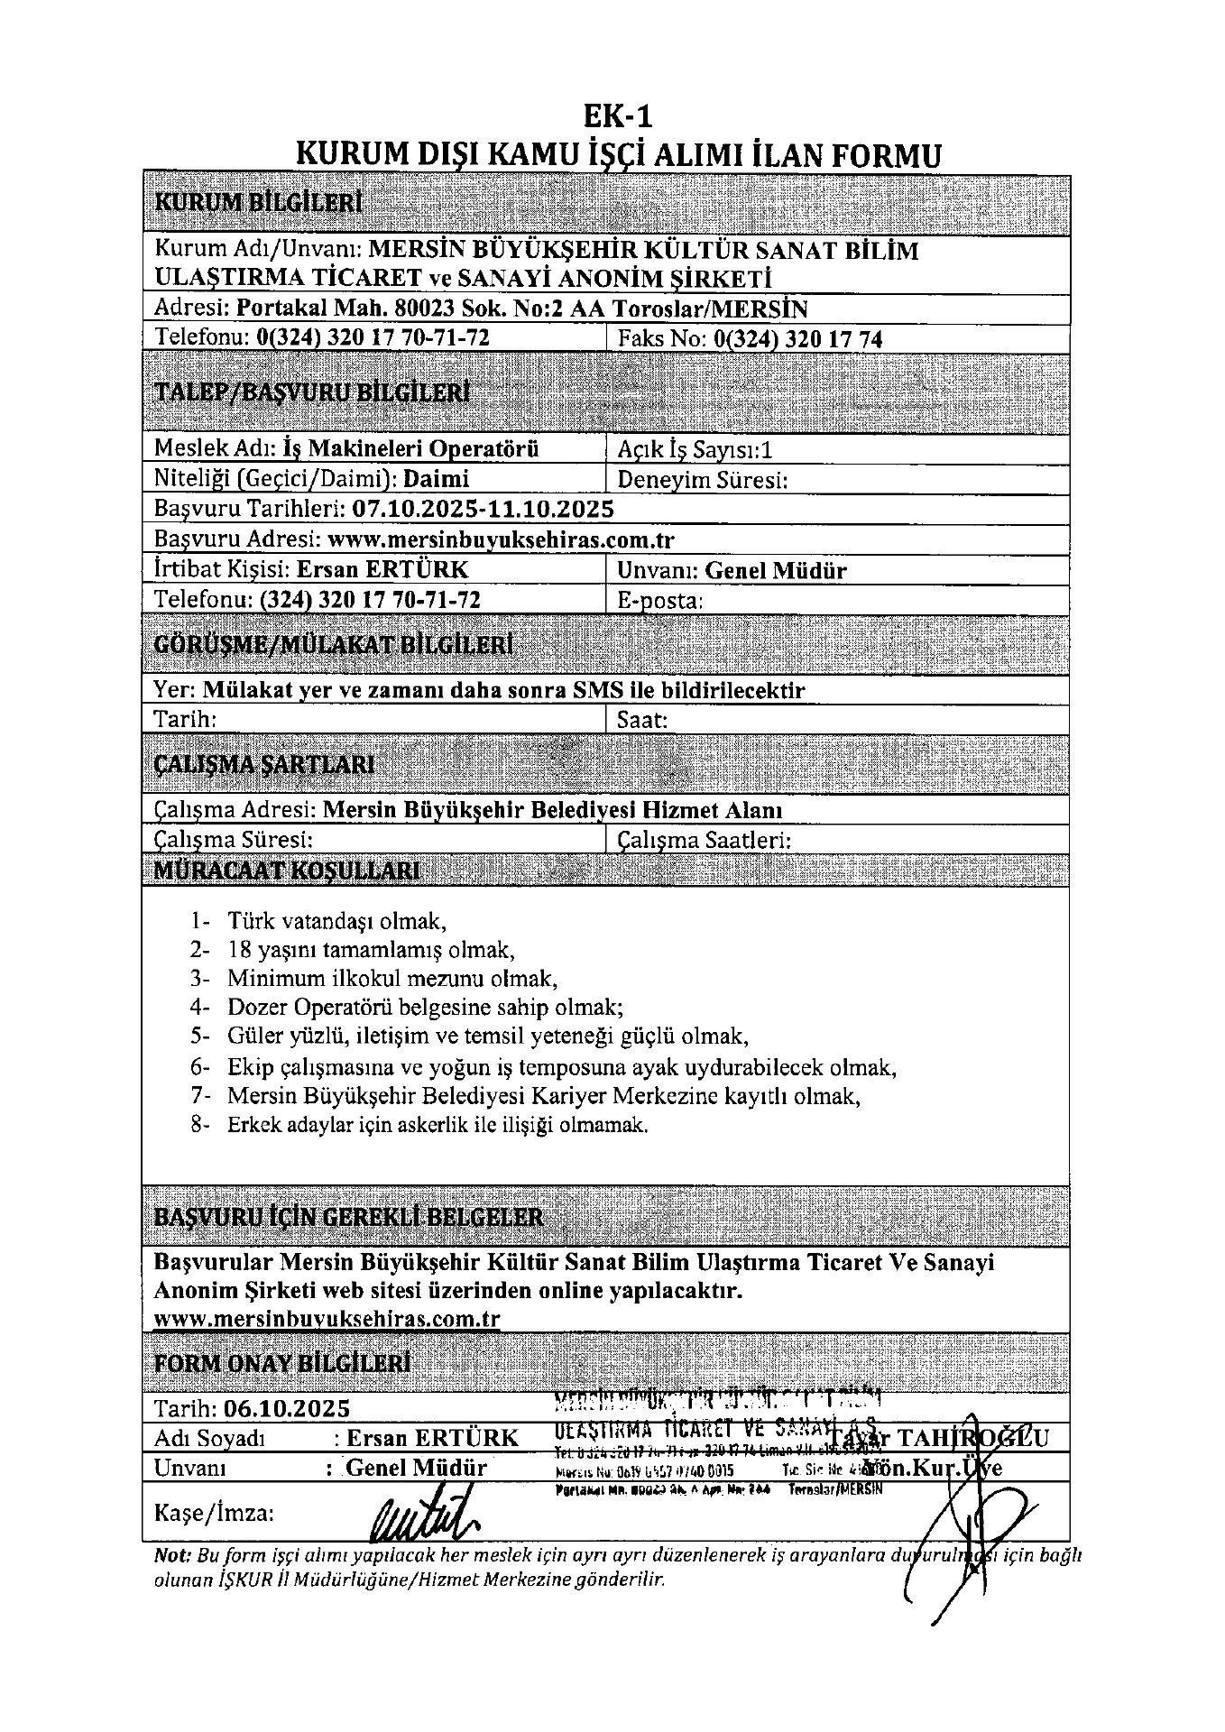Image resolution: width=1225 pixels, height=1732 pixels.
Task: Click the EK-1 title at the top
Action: [617, 116]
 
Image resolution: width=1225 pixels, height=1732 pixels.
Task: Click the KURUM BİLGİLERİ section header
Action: [259, 202]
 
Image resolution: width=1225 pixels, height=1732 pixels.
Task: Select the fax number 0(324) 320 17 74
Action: [797, 339]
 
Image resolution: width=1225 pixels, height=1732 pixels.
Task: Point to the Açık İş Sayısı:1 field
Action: [695, 449]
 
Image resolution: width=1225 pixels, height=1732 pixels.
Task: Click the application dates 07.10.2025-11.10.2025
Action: [483, 509]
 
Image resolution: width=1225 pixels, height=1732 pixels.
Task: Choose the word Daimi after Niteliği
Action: [437, 479]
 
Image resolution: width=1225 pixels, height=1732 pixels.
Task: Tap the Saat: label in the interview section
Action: [642, 720]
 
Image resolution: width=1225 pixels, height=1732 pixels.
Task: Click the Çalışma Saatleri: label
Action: [705, 841]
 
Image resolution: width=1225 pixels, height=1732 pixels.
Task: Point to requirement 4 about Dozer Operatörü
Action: [425, 1007]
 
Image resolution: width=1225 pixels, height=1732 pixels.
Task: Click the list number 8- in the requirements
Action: [200, 1126]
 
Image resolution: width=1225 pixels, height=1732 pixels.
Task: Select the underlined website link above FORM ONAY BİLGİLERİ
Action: [327, 1319]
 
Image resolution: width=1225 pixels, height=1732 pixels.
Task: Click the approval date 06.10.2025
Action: [288, 1408]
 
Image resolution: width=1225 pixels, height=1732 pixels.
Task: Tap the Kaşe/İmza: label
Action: [215, 1513]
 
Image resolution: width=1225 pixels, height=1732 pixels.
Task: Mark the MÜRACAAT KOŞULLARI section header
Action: [287, 871]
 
